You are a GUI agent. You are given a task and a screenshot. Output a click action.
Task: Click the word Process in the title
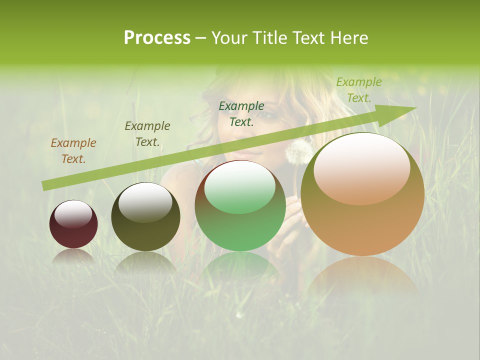(157, 38)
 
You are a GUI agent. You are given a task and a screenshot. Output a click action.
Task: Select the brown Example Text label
(73, 151)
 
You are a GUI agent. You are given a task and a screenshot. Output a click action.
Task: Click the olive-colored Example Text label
(147, 134)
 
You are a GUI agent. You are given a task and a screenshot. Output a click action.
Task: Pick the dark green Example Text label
(241, 113)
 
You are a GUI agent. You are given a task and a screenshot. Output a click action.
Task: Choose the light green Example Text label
(358, 90)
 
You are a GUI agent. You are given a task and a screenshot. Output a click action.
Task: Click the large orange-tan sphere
(362, 220)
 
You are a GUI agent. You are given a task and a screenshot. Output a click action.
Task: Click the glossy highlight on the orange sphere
(361, 168)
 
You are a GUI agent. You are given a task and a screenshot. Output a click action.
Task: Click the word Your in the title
(228, 38)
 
